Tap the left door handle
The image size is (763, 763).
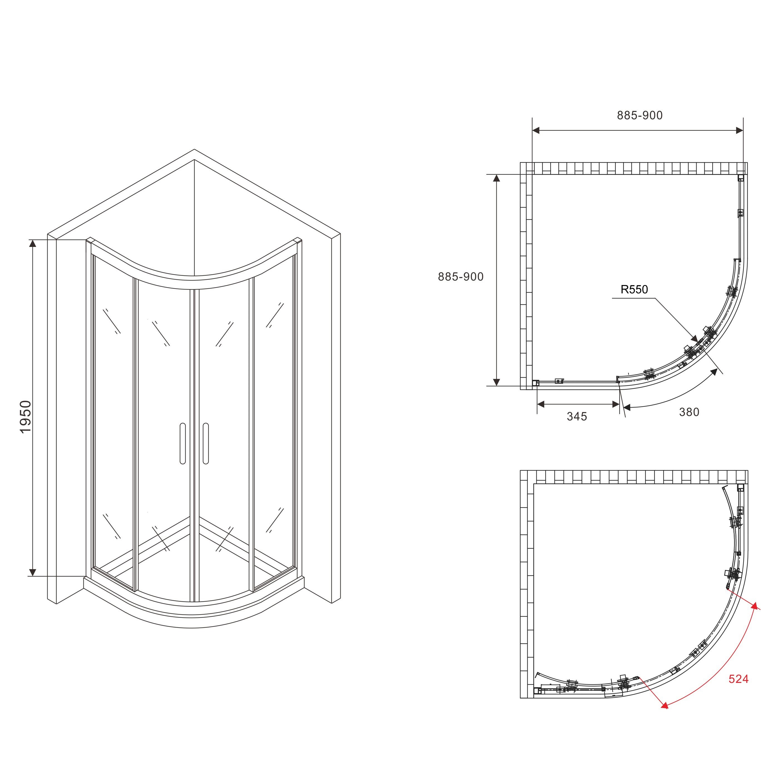click(x=182, y=443)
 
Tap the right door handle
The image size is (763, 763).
click(x=205, y=443)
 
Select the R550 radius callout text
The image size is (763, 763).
click(x=634, y=289)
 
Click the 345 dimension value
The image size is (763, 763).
click(x=577, y=416)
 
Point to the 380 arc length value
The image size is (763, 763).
click(x=689, y=412)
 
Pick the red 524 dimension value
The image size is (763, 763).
click(x=739, y=679)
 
